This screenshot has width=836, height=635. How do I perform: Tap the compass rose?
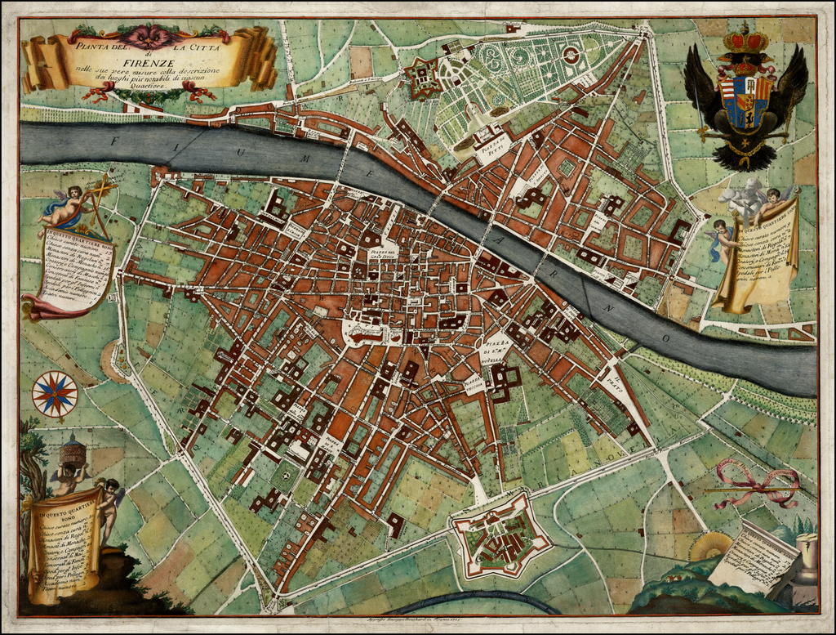55,394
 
